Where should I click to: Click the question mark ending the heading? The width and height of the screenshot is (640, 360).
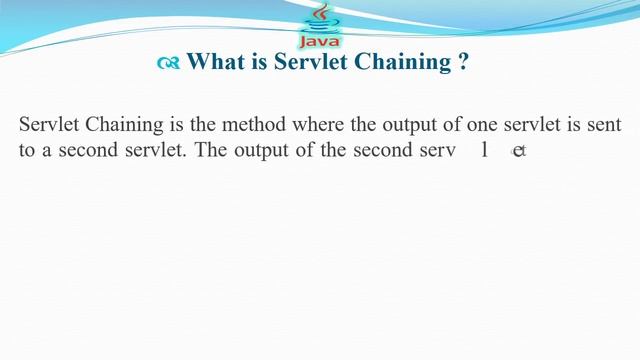(463, 62)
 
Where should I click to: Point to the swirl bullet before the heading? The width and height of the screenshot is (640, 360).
(168, 63)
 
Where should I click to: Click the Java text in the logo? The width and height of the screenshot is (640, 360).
(320, 41)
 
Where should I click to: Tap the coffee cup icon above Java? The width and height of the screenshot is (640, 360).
(320, 18)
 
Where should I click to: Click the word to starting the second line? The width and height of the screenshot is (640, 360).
(27, 151)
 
